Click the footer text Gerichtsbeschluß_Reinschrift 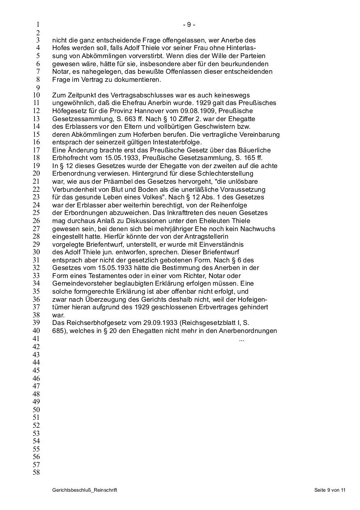tap(84, 491)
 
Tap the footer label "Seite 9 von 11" tap(330, 491)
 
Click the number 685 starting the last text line tap(58, 331)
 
